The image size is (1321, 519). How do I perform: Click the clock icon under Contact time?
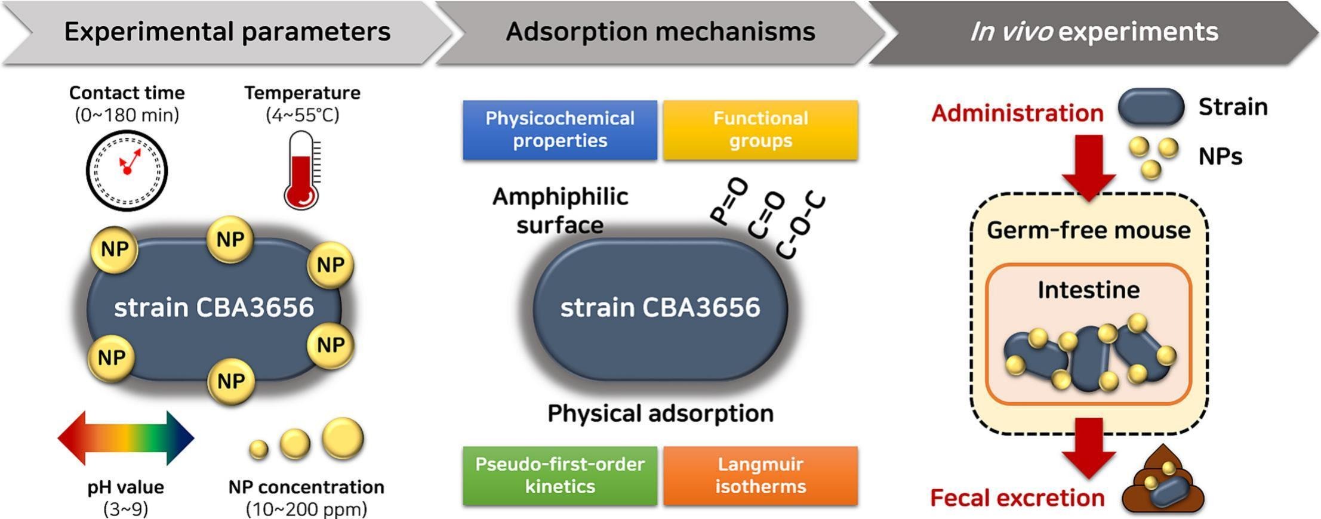click(x=127, y=170)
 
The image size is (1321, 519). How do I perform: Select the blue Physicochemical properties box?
click(x=559, y=129)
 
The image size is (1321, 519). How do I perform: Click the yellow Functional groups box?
click(x=760, y=129)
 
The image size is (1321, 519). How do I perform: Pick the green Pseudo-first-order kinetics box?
click(x=559, y=475)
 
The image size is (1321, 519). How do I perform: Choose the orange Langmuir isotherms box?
click(x=760, y=475)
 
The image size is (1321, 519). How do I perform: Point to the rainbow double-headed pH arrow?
click(x=125, y=438)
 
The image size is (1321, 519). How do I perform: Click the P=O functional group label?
click(x=729, y=202)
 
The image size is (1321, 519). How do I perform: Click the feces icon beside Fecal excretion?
click(x=1163, y=483)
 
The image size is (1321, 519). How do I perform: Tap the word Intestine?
click(x=1088, y=290)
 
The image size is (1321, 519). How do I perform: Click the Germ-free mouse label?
click(x=1088, y=230)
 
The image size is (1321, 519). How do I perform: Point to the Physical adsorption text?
click(x=660, y=413)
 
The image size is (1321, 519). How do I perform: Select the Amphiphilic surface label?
click(x=560, y=211)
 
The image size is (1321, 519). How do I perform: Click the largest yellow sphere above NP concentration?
click(x=343, y=438)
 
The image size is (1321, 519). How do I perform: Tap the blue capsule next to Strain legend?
click(x=1150, y=107)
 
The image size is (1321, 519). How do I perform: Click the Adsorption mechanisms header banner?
click(x=660, y=32)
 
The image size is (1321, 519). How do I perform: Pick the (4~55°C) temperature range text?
click(x=302, y=115)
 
